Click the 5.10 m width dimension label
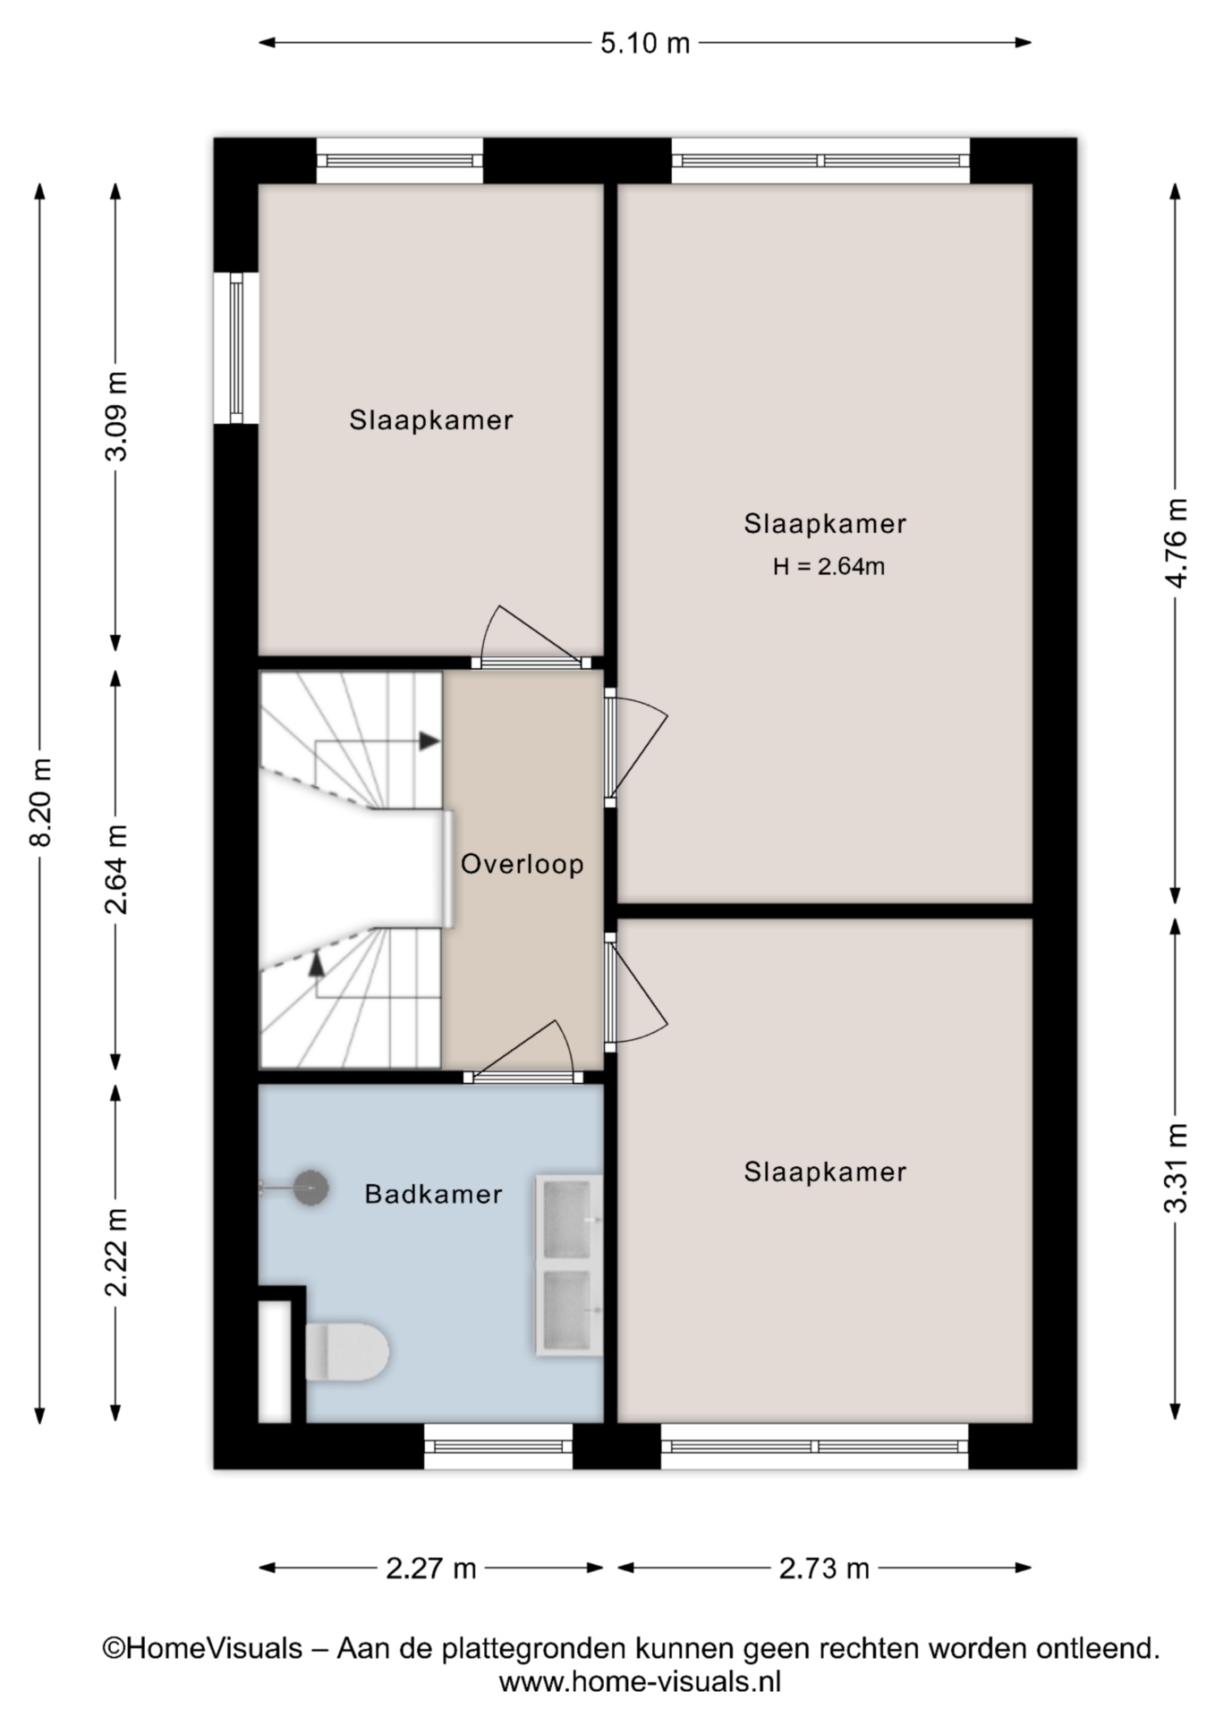[x=645, y=43]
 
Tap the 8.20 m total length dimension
[x=41, y=802]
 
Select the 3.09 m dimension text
[x=117, y=416]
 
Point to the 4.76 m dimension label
[x=1177, y=544]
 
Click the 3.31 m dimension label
[x=1177, y=1168]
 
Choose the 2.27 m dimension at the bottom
[x=431, y=1568]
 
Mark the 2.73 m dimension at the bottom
[x=824, y=1568]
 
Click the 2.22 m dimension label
[x=117, y=1252]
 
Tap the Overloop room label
[x=523, y=864]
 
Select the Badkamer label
[x=434, y=1194]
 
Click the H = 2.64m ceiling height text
[x=829, y=566]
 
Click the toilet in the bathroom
[x=347, y=1352]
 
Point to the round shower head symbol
[x=311, y=1188]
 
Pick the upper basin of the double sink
[x=567, y=1218]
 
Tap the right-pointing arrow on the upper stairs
[x=429, y=740]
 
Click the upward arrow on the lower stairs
[x=316, y=963]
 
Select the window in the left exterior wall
[x=236, y=348]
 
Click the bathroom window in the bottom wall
[x=498, y=1446]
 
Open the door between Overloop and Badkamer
[x=523, y=1052]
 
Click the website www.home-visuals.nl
[x=640, y=1682]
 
